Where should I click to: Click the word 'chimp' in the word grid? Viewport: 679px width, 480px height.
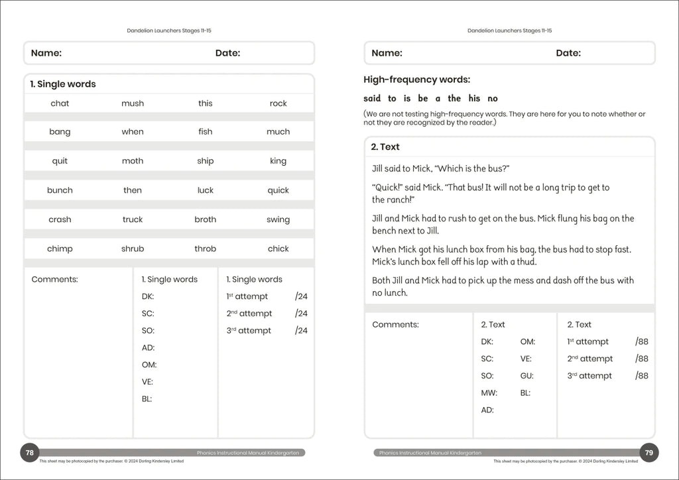point(60,249)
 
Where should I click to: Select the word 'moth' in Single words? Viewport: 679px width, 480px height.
point(133,161)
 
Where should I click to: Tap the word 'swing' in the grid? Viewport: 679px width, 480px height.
point(278,219)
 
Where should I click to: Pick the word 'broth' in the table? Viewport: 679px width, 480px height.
point(205,219)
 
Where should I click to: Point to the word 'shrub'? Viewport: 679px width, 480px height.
point(133,249)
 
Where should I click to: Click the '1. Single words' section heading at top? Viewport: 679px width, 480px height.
point(63,84)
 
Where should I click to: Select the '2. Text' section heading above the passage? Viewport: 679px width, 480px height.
point(385,147)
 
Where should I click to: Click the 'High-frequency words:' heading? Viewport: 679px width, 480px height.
point(416,80)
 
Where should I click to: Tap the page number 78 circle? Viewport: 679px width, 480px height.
point(29,453)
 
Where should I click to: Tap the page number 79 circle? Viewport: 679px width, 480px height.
point(649,453)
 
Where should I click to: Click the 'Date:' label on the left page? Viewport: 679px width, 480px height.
point(227,53)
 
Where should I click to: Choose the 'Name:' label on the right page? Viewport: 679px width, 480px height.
point(387,53)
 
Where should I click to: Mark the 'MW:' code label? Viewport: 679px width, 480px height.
point(489,393)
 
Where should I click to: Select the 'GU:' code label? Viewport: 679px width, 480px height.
point(527,376)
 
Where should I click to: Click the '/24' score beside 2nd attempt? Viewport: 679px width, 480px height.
point(301,314)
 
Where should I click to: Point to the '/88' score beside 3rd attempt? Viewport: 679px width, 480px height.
point(641,376)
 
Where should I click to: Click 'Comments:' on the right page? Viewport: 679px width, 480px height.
point(395,325)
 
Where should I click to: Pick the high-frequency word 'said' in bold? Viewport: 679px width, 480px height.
point(372,98)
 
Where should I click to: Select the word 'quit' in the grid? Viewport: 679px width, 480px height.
point(60,161)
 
